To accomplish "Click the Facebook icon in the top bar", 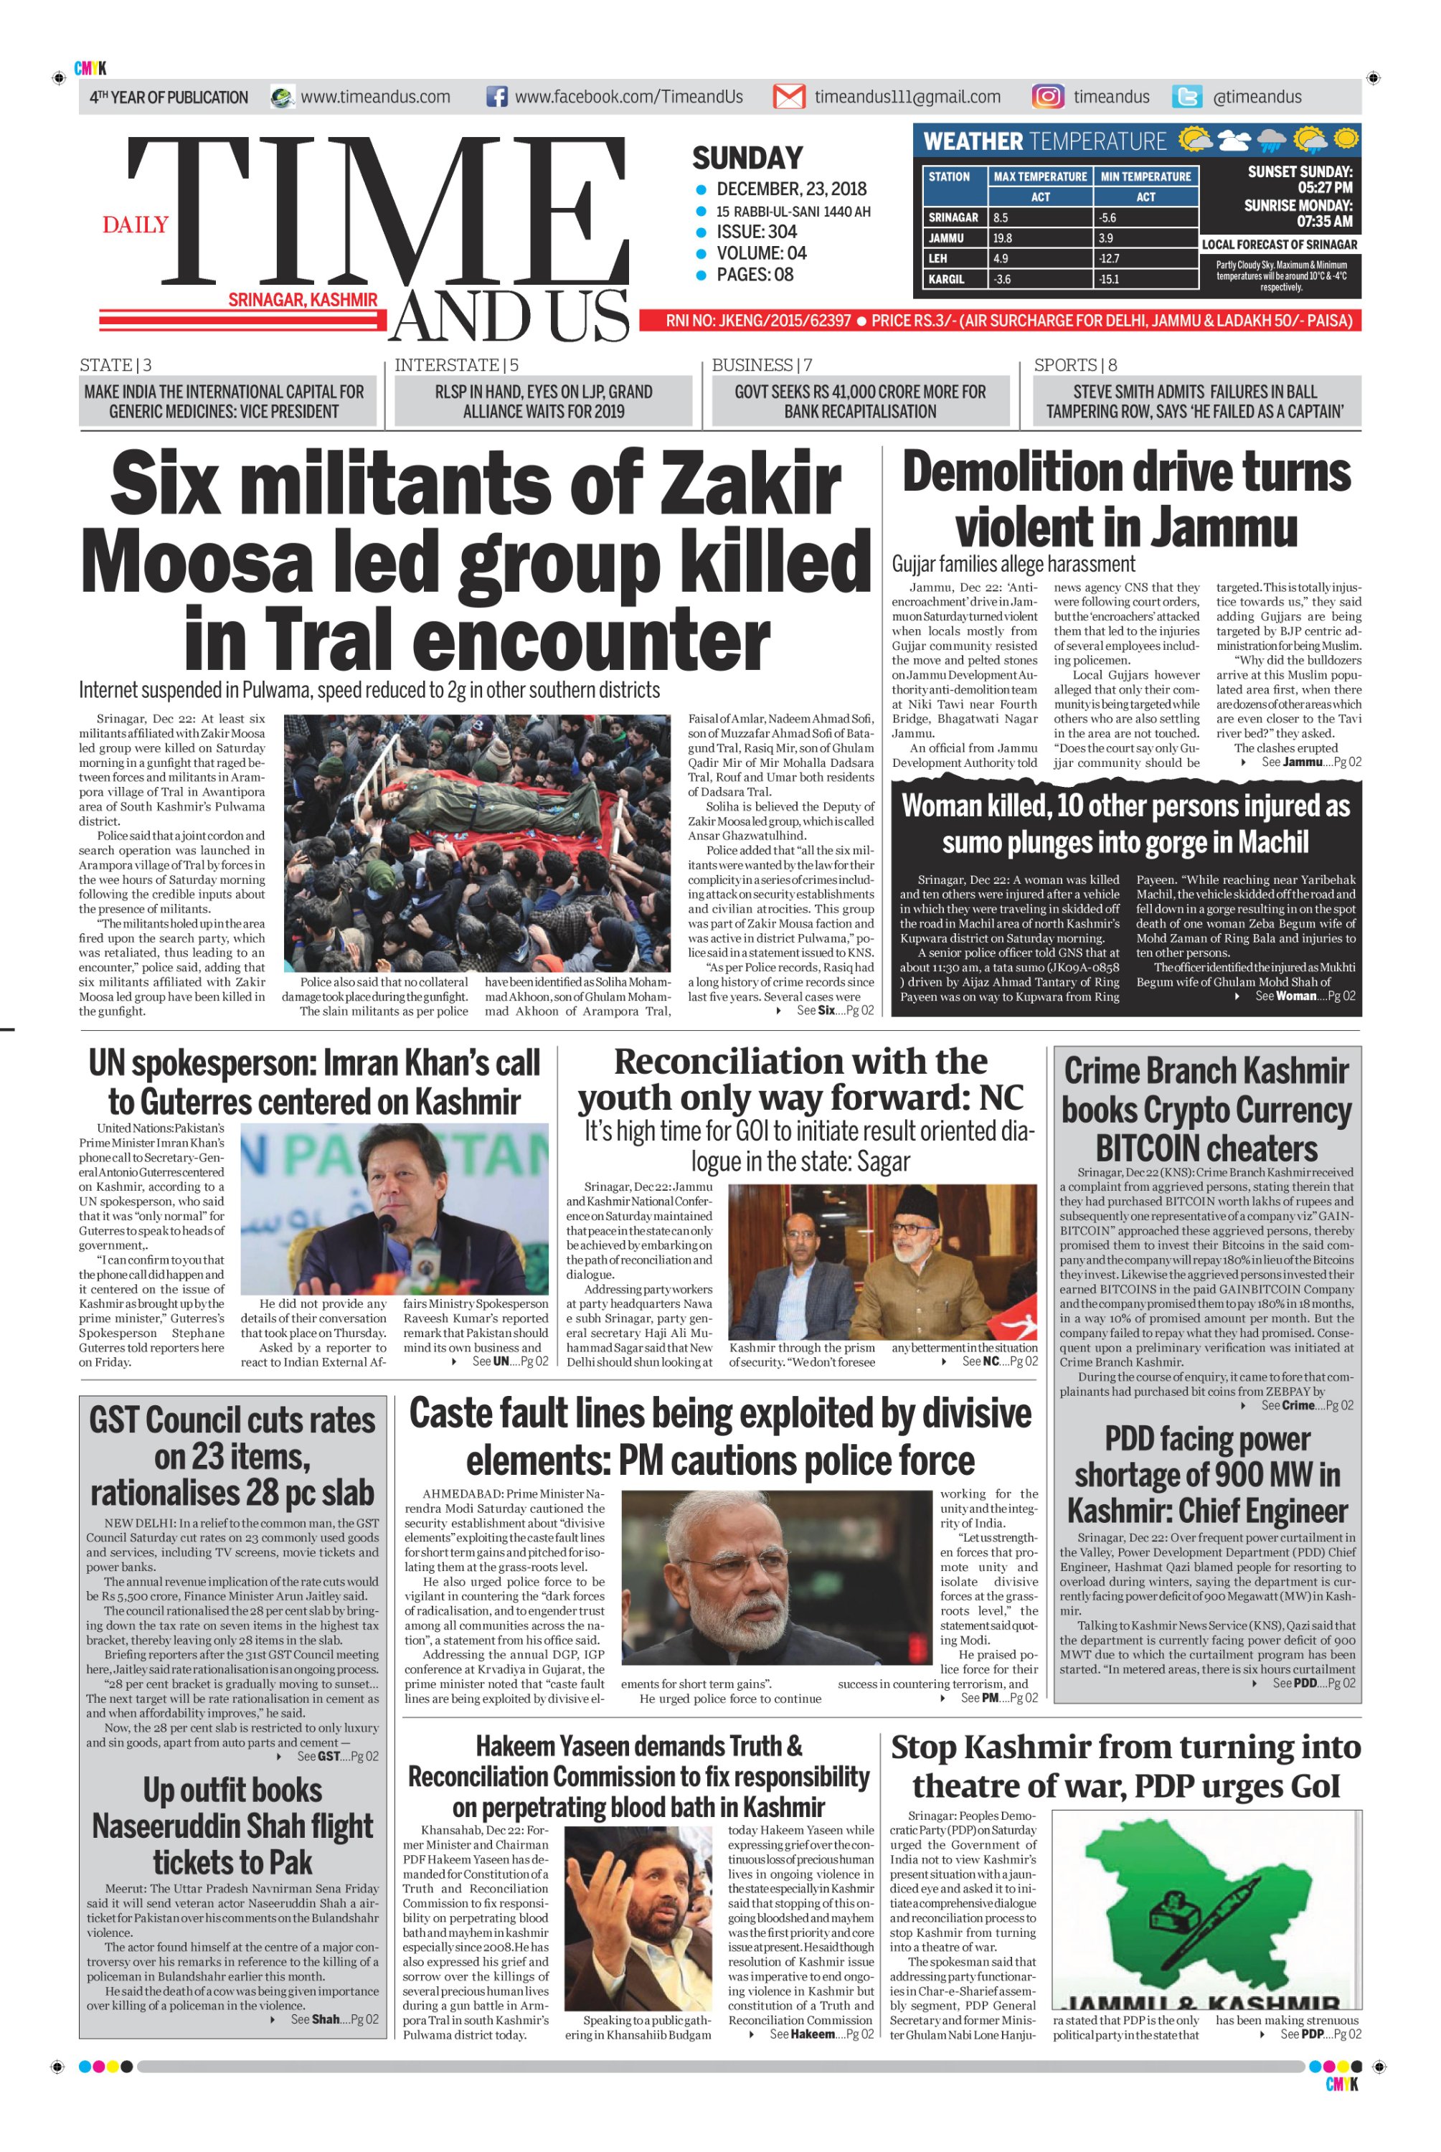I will (x=496, y=97).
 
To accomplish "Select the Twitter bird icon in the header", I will (x=1187, y=97).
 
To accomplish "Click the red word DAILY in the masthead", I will (x=135, y=225).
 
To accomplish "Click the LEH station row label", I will (x=937, y=259).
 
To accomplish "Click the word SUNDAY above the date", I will (x=747, y=158).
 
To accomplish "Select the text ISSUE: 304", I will (x=756, y=232).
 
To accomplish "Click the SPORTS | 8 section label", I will (x=1075, y=365).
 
